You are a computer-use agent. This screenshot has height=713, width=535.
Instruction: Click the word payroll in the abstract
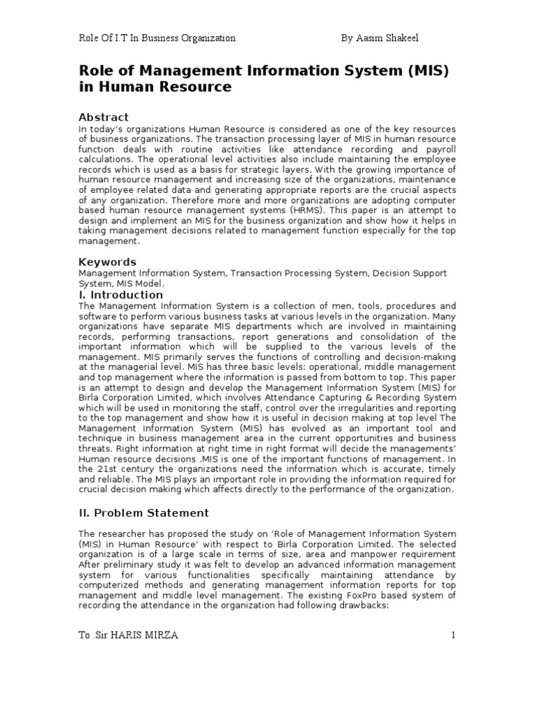tap(437, 149)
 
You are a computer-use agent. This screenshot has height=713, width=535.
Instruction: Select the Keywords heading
tap(107, 262)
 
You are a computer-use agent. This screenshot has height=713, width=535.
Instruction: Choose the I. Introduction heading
tap(121, 295)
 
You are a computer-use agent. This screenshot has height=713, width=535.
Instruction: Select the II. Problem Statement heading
tap(144, 513)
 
